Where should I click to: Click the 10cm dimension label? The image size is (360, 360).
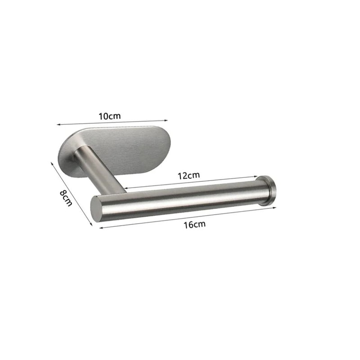coord(110,116)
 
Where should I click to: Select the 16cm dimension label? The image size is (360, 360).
coord(194,225)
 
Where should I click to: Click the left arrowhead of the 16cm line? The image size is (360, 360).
coord(100,228)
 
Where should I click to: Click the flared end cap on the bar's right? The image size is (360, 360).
coord(268,190)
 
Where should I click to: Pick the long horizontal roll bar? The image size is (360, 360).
coord(180,199)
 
